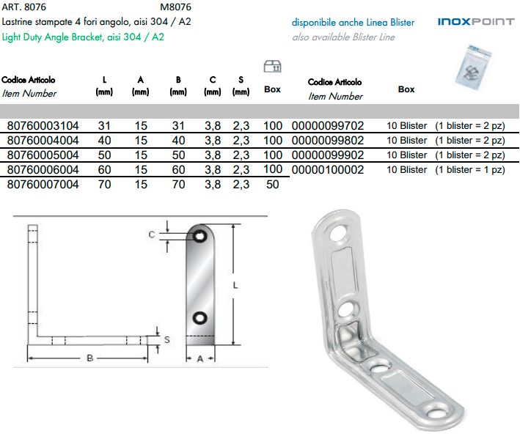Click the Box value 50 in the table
point(273,185)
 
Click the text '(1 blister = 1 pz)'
point(469,169)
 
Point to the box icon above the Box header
point(272,67)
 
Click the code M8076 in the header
point(175,8)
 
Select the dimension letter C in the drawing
point(151,234)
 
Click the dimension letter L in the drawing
point(236,288)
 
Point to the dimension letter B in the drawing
point(90,358)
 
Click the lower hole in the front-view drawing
point(199,317)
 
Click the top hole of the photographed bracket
point(339,235)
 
